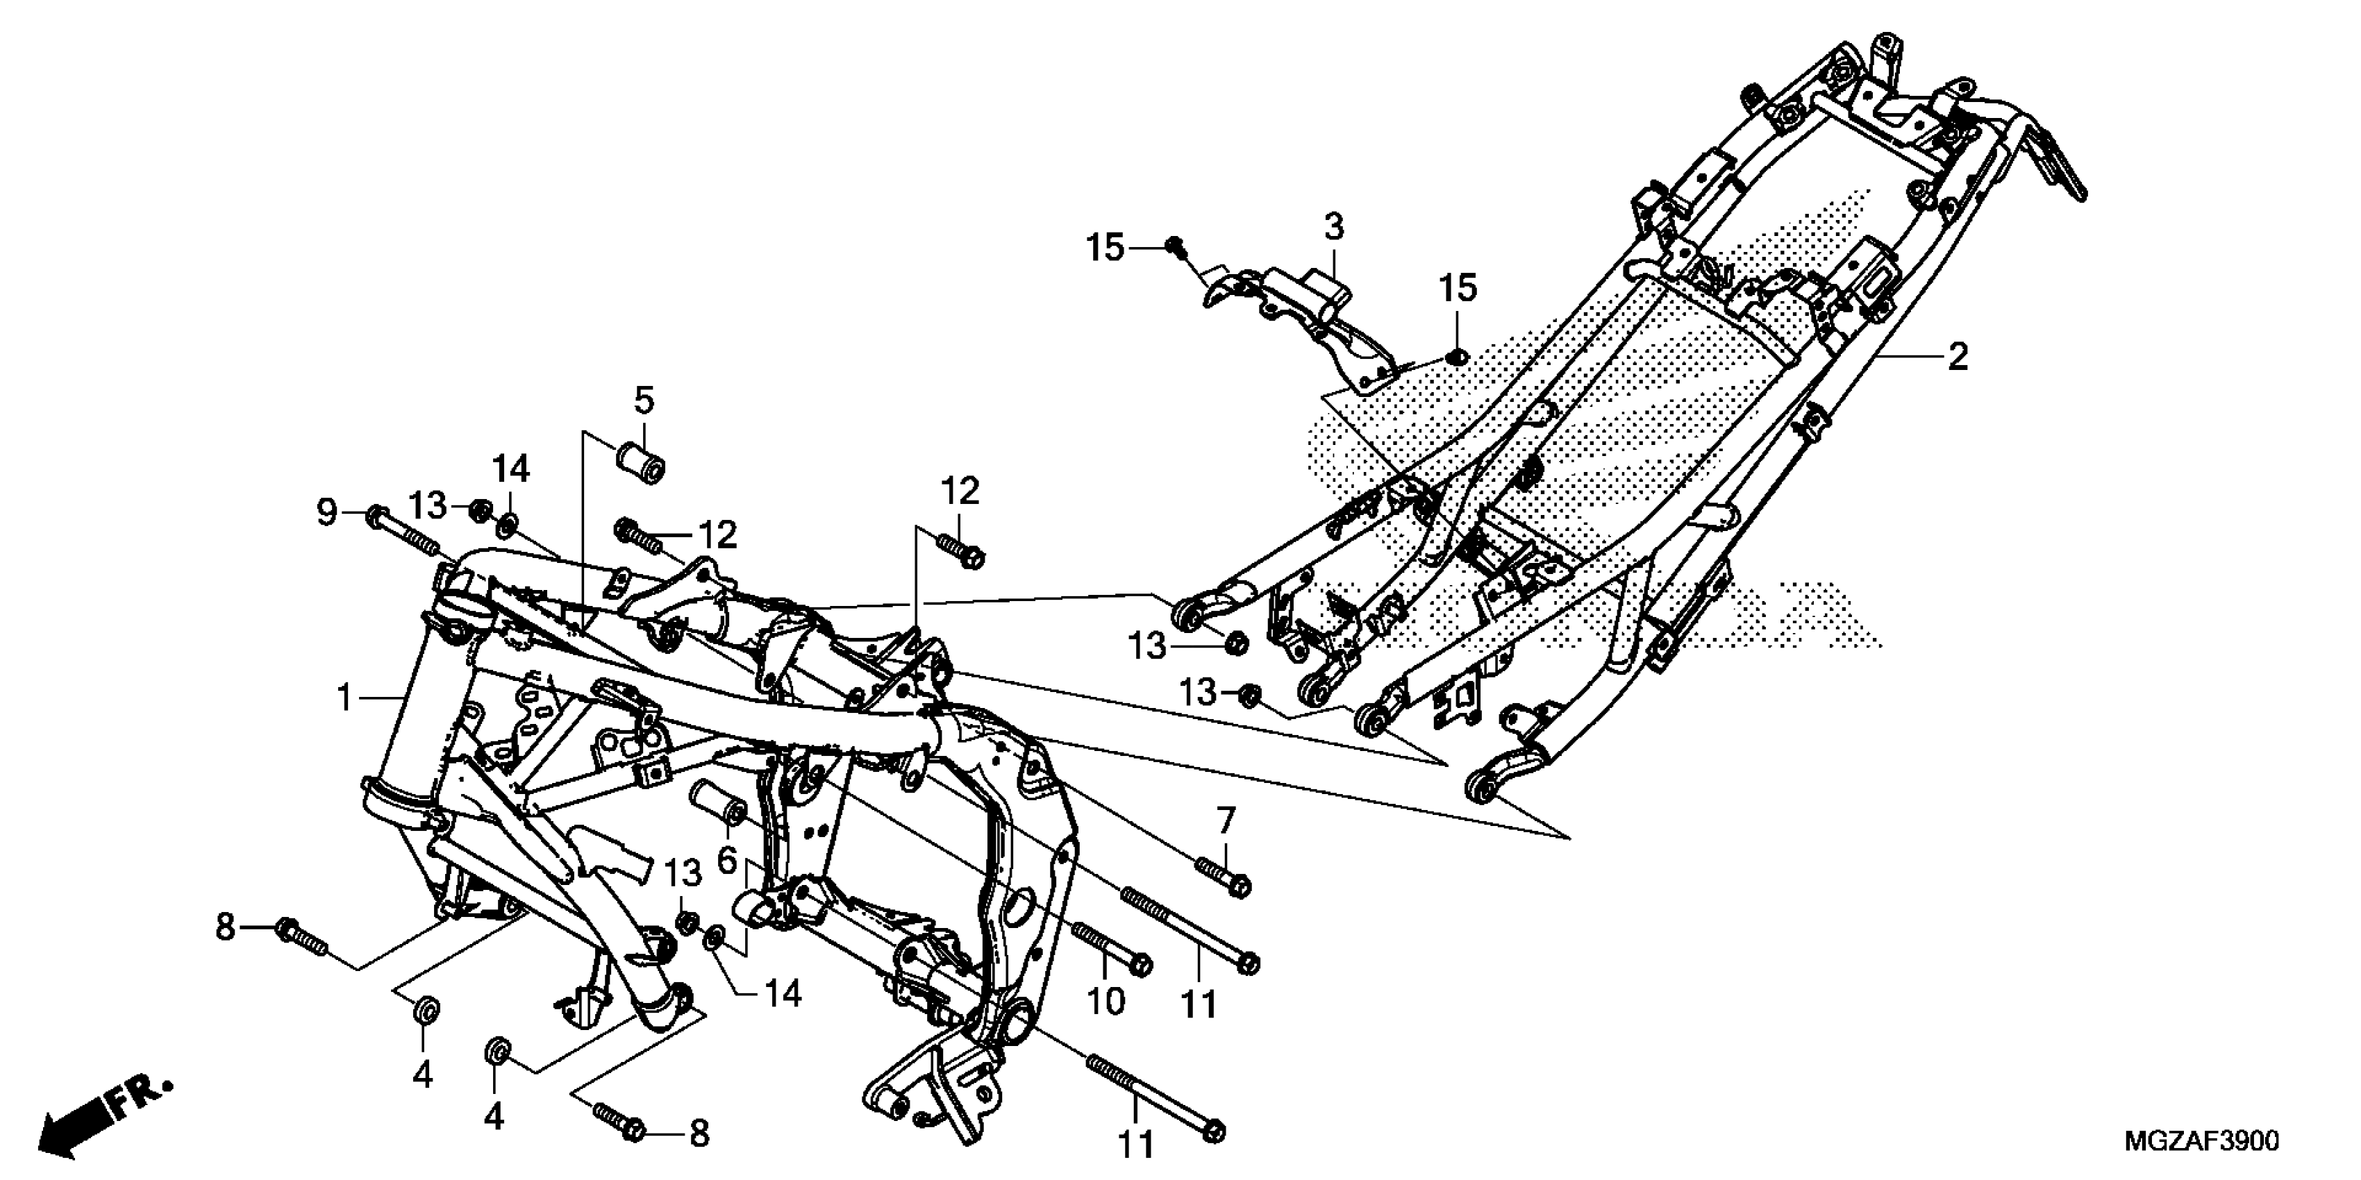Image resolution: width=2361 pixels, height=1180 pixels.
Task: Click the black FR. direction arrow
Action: [103, 1113]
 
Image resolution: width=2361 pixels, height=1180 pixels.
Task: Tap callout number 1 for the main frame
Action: [344, 699]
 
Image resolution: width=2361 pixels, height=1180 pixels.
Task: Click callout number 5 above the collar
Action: [644, 401]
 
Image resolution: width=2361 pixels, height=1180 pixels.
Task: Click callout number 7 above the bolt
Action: [1226, 820]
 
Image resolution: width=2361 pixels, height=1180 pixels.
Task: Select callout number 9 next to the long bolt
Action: [327, 513]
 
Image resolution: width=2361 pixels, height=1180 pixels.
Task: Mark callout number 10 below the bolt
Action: [1106, 1002]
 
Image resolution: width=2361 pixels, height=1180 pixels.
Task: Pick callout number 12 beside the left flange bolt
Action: [717, 535]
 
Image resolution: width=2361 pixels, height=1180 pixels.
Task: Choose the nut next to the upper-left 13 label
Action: [478, 509]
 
